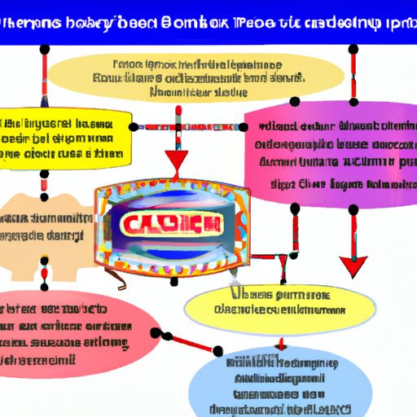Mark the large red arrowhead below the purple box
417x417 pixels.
(353, 266)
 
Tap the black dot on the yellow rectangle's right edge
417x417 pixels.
(133, 127)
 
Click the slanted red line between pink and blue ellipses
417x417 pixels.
(192, 343)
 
